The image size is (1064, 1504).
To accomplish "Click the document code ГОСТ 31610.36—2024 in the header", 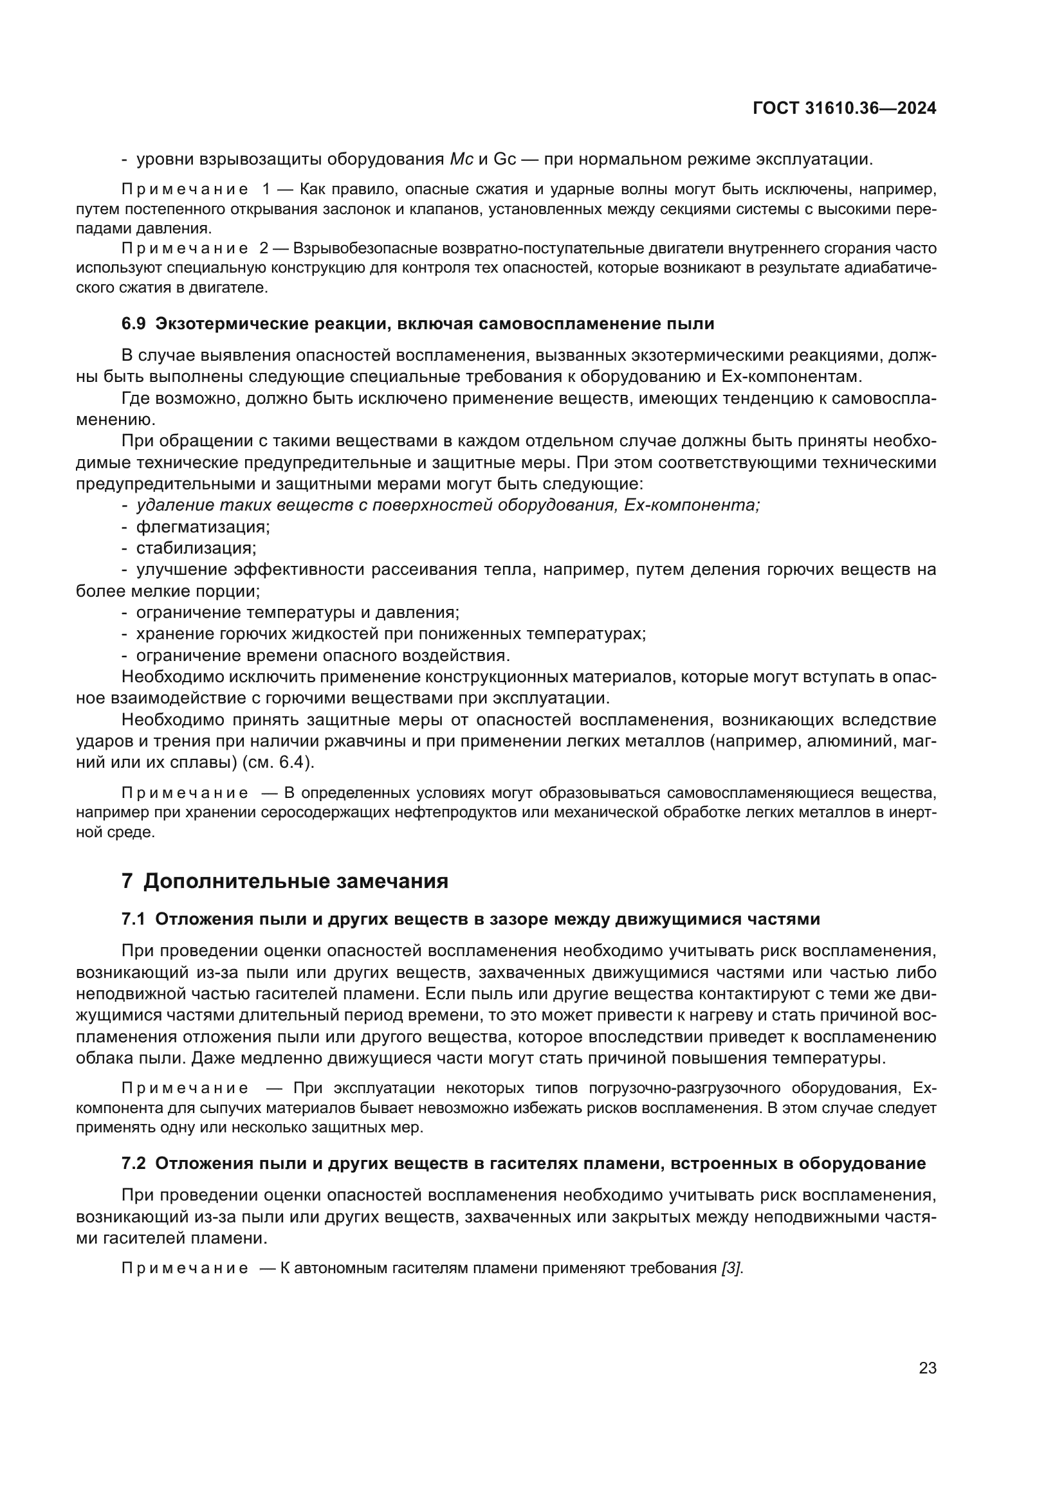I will pos(845,109).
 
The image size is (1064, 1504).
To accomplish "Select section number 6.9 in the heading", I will pos(134,323).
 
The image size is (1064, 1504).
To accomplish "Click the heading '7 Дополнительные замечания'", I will pos(285,881).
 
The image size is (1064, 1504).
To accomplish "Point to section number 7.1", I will pos(133,919).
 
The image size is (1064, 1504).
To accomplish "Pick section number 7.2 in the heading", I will pos(134,1163).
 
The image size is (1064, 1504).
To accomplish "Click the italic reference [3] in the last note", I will pos(732,1268).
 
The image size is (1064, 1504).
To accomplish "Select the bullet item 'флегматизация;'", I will pos(203,527).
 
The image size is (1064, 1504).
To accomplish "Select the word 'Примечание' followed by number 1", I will pos(185,190).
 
